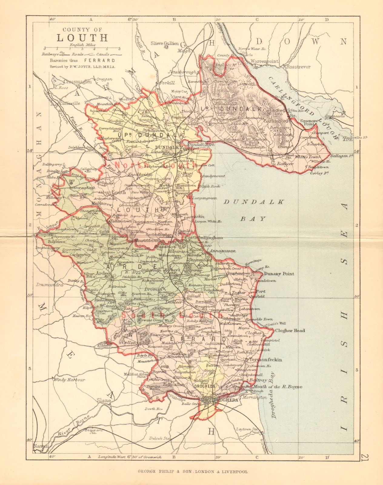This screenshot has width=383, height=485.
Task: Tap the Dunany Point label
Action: (279, 274)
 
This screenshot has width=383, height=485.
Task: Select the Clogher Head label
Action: (290, 330)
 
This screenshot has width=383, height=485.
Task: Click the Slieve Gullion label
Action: (165, 43)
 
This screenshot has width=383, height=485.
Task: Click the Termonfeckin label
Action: (266, 360)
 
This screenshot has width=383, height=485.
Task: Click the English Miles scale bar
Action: (82, 48)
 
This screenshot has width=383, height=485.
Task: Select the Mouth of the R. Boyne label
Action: (278, 387)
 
